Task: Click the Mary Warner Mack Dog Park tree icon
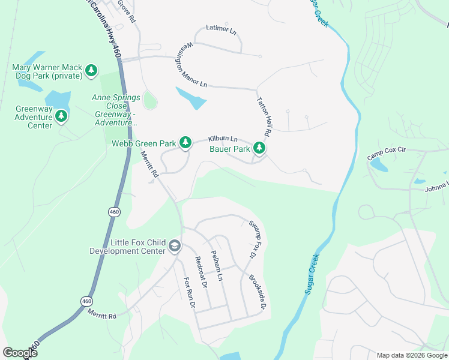point(91,71)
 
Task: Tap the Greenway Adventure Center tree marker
point(61,117)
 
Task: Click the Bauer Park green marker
point(259,148)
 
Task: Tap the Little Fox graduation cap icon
point(174,245)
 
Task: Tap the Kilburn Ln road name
point(223,139)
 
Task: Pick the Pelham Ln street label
point(217,266)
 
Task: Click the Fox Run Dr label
point(190,292)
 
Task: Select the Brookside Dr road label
point(257,293)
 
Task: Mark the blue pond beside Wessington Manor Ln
point(191,98)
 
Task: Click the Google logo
point(20,353)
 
